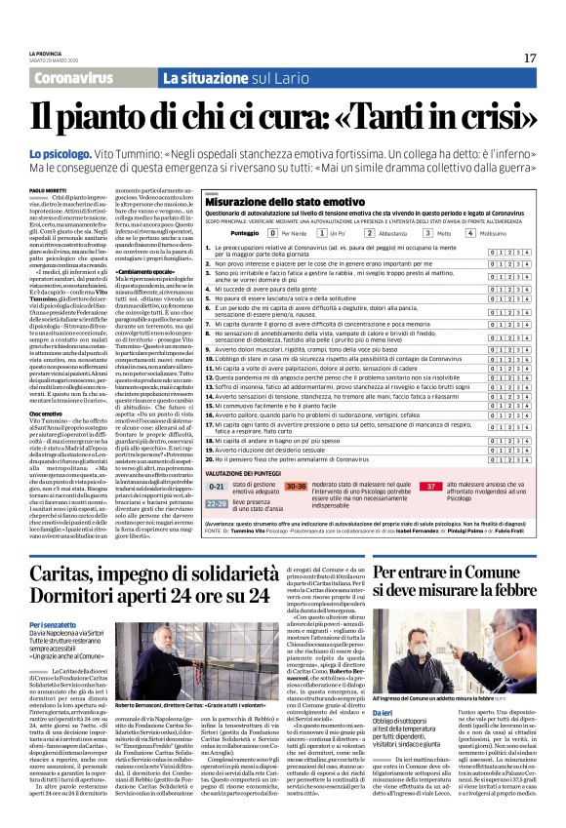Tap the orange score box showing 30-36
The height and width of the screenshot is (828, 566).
point(297,513)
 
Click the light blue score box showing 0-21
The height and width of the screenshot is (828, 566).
point(217,513)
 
